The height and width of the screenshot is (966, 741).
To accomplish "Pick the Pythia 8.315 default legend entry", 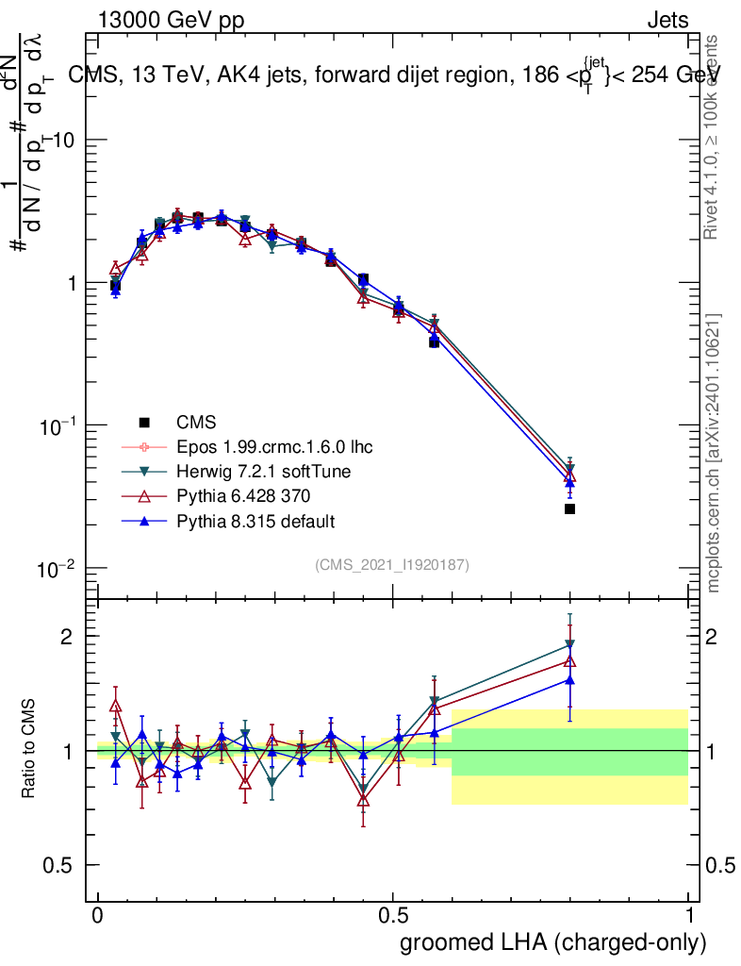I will pyautogui.click(x=255, y=521).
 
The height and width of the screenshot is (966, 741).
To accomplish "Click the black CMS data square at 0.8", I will pyautogui.click(x=569, y=509).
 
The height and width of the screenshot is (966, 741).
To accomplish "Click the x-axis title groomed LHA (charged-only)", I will pyautogui.click(x=553, y=942).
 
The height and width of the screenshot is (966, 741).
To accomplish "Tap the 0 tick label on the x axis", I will pyautogui.click(x=97, y=915).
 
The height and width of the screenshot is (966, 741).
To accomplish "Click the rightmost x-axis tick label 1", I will pyautogui.click(x=689, y=915).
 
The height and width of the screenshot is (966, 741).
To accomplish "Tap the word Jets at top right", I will pyautogui.click(x=667, y=20).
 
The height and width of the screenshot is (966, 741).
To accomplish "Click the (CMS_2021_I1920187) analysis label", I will pyautogui.click(x=392, y=564).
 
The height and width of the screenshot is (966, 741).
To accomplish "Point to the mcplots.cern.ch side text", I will pyautogui.click(x=714, y=453).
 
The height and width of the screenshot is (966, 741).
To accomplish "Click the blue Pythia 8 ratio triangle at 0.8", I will pyautogui.click(x=569, y=679).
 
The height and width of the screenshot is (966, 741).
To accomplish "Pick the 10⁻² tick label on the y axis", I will pyautogui.click(x=56, y=569).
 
